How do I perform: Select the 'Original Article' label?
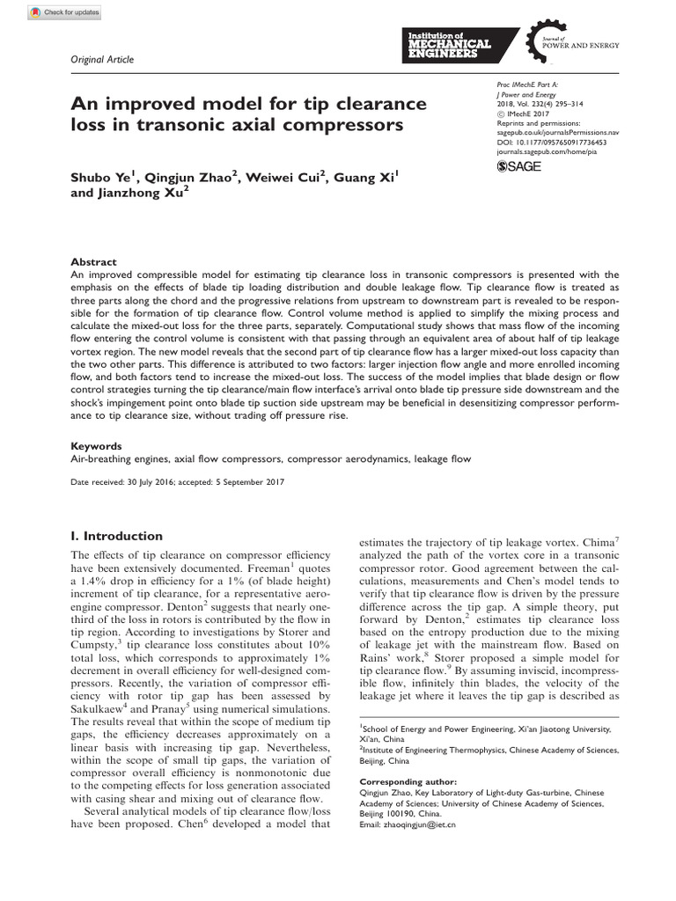click(x=101, y=59)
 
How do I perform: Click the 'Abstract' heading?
click(x=92, y=262)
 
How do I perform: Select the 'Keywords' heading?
click(x=96, y=446)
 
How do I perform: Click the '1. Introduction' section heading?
click(x=116, y=536)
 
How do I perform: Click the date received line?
click(x=177, y=482)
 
